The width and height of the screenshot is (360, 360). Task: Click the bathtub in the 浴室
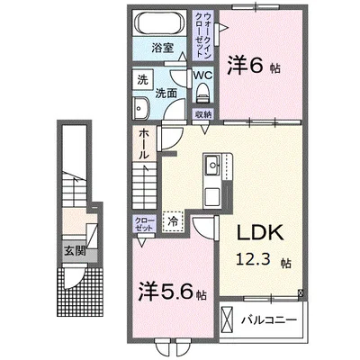159,23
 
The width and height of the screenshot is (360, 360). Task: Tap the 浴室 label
162,48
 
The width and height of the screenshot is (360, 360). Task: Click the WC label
202,75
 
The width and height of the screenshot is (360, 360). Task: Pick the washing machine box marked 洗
143,79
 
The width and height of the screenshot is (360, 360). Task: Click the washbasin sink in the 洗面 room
140,108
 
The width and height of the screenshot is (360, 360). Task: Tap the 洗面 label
166,94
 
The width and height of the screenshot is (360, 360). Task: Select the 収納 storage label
203,114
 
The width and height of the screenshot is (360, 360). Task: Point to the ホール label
144,144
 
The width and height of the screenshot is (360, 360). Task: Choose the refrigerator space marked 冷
173,221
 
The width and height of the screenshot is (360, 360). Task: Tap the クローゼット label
144,224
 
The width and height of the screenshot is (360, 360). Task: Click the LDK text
260,232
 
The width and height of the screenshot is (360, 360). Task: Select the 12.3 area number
254,259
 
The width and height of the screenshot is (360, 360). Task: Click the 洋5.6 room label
172,291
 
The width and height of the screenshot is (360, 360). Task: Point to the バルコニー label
269,319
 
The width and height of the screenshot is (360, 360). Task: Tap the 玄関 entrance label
76,251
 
